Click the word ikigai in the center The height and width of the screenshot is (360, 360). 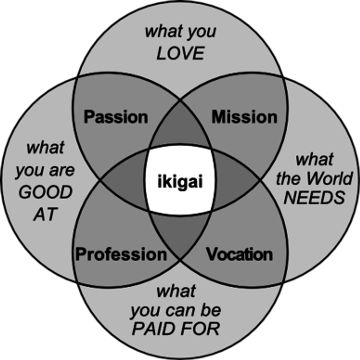[180, 182]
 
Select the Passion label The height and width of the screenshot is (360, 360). [116, 117]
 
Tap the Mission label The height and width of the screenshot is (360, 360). [244, 117]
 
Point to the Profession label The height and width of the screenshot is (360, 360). [121, 254]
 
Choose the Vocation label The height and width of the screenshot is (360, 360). [239, 254]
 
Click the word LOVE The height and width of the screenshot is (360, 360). [180, 54]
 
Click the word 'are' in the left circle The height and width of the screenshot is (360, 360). [61, 170]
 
